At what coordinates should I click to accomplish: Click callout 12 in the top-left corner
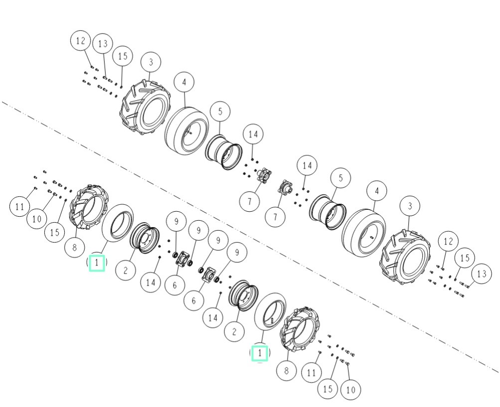(x=81, y=41)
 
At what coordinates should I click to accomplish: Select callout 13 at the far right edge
(x=482, y=274)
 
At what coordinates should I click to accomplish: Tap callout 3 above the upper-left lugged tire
(x=151, y=62)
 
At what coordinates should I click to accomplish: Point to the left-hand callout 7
(x=249, y=201)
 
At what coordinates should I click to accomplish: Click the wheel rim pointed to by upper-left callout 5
(x=223, y=152)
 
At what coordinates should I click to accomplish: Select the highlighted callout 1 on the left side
(x=97, y=263)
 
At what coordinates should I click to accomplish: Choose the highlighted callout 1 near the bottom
(x=260, y=353)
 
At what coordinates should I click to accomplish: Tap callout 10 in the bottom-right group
(x=350, y=390)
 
